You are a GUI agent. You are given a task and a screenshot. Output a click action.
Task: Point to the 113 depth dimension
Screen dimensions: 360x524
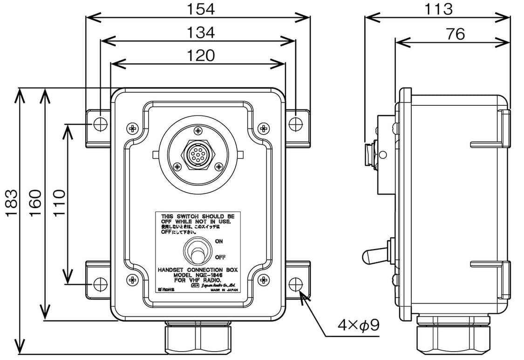(439, 9)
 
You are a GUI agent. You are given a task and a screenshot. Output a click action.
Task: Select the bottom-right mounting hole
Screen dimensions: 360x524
(296, 283)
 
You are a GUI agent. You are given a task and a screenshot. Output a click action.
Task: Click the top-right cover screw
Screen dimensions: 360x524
(264, 128)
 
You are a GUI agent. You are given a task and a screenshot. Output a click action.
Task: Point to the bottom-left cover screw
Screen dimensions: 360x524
(133, 279)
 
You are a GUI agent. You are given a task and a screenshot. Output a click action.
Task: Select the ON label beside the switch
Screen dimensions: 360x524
(219, 241)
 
